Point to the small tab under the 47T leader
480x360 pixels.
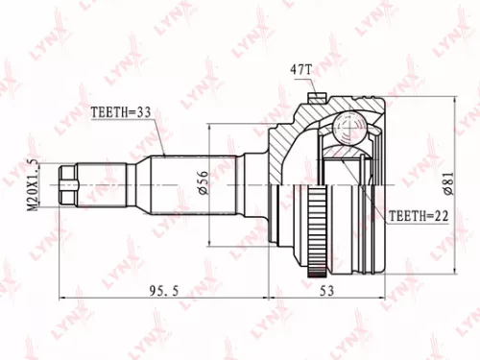click(x=316, y=95)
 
